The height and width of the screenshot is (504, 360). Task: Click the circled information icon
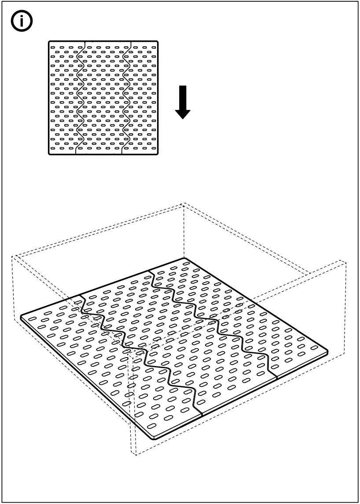(22, 23)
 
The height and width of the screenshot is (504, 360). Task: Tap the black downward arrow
(183, 102)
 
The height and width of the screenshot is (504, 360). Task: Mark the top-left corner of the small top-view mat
(50, 43)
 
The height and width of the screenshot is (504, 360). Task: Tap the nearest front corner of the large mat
(154, 438)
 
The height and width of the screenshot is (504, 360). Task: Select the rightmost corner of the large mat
(328, 350)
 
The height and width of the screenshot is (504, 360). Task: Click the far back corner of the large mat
(184, 259)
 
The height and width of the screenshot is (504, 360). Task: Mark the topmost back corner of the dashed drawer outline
(183, 204)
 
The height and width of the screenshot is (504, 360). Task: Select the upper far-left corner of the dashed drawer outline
(12, 257)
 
